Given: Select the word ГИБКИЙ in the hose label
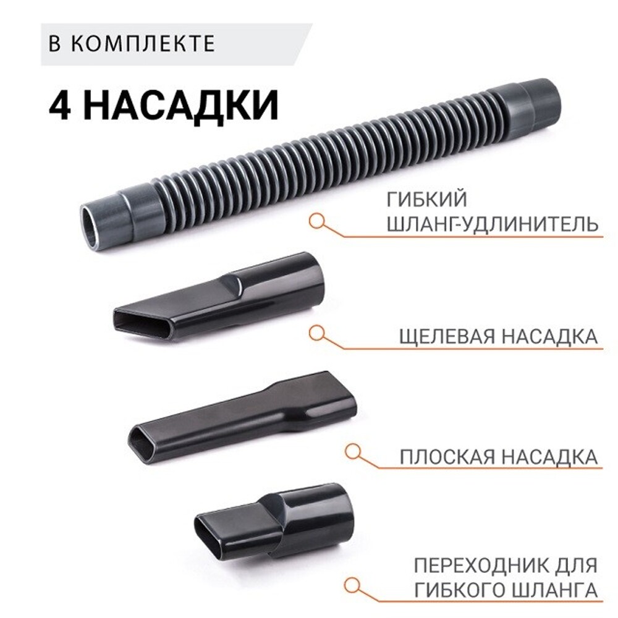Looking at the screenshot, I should point(427,200).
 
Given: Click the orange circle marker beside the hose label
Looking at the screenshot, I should point(318,221).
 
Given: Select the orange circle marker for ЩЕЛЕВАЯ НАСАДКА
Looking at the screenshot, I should point(318,333).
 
